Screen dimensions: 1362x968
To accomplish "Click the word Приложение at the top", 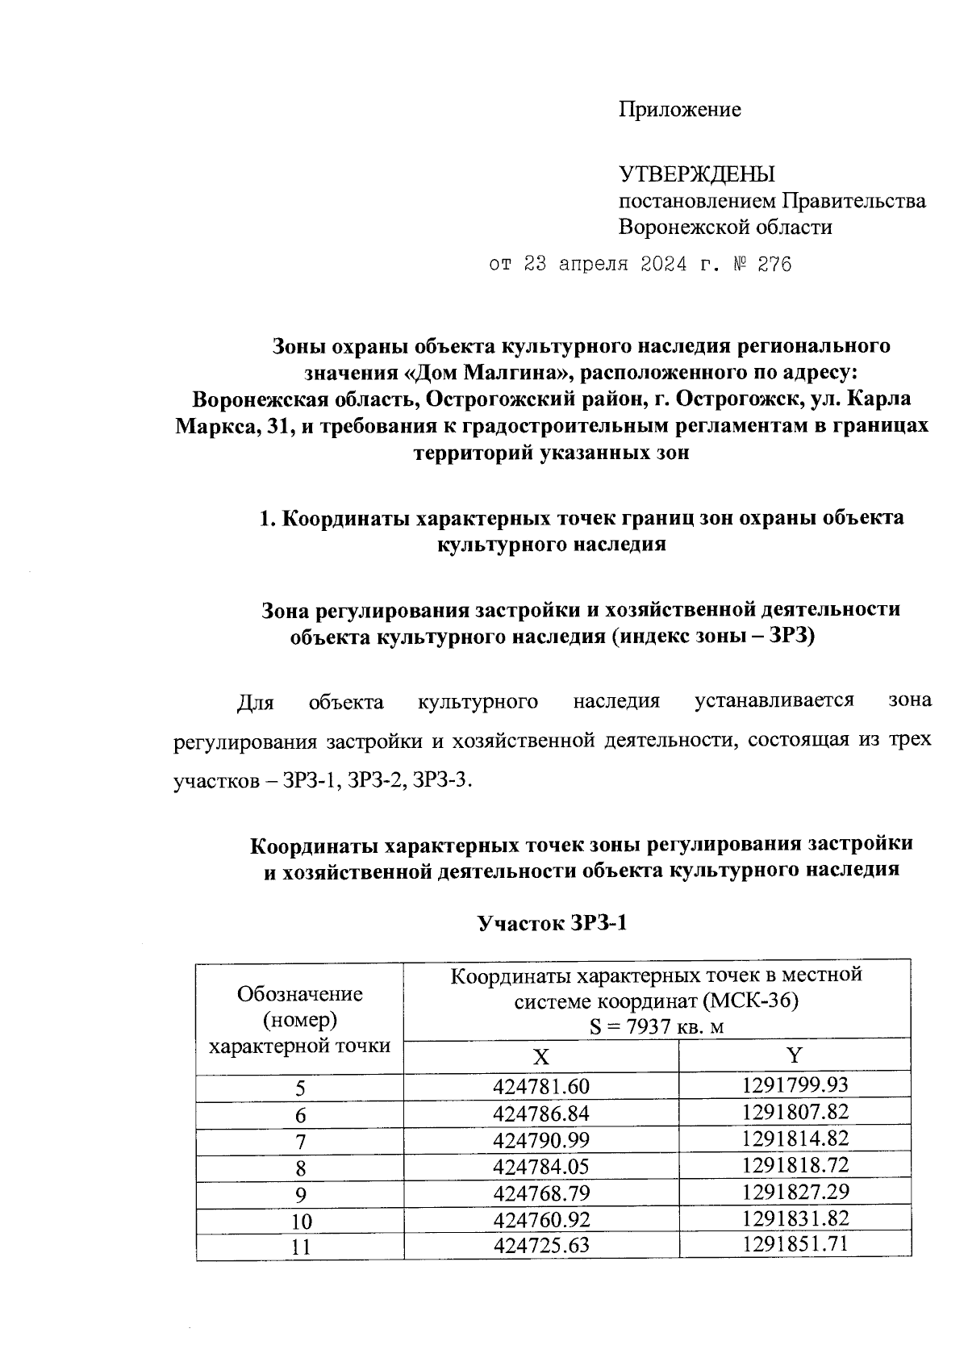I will (679, 110).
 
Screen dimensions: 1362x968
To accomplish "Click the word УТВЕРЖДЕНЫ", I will (696, 174).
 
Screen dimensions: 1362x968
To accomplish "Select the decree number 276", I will (774, 265).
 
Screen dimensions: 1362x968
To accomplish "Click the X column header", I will (541, 1056).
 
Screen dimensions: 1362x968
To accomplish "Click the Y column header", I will (795, 1055).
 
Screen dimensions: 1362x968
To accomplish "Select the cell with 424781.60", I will (541, 1088).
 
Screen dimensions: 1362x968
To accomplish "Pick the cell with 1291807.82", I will (795, 1113).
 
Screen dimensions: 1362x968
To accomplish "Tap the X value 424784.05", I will (541, 1167).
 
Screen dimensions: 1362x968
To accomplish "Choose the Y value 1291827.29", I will (795, 1191).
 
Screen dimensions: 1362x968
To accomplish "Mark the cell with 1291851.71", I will (795, 1243).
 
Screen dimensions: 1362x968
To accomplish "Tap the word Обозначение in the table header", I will (300, 994).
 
